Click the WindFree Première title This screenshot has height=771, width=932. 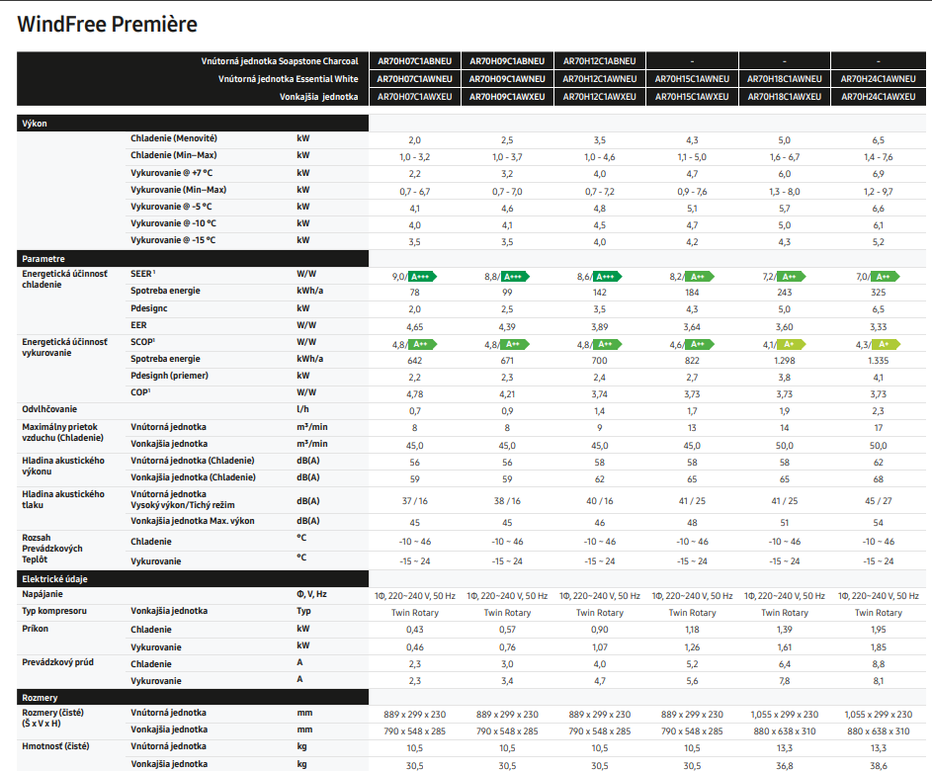click(107, 25)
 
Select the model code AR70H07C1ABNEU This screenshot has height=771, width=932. click(415, 61)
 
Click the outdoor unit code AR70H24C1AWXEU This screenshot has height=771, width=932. click(878, 96)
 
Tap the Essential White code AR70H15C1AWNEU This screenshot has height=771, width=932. click(692, 78)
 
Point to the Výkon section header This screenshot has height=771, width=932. click(35, 123)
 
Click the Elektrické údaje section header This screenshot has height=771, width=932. click(54, 578)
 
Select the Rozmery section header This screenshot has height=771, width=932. click(40, 697)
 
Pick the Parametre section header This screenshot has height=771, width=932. click(43, 259)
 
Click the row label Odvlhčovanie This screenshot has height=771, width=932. click(49, 409)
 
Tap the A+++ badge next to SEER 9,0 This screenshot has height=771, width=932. click(422, 277)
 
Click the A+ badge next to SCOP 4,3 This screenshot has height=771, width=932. click(886, 344)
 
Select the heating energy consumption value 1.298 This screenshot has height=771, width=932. click(785, 360)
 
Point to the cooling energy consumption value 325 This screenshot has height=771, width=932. click(878, 293)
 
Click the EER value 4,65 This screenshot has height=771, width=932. click(415, 327)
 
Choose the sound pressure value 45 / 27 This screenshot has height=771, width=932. click(878, 501)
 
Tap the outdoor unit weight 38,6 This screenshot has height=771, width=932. click(878, 766)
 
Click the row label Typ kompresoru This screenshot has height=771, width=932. click(54, 611)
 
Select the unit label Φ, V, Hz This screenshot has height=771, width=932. click(311, 594)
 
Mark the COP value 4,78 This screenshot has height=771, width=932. click(415, 394)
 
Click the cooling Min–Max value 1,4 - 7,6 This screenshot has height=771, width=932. click(878, 157)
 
